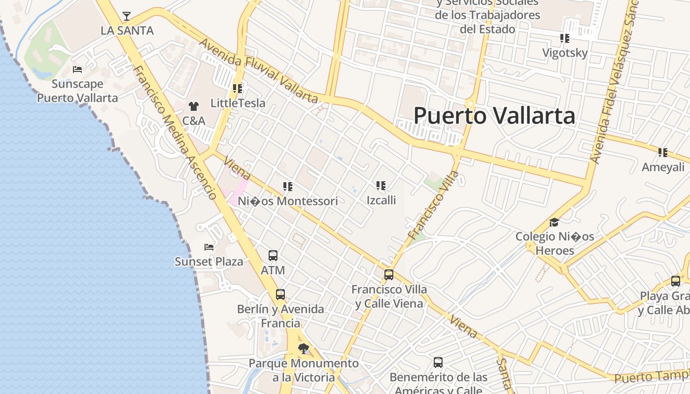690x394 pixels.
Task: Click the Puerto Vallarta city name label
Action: click(494, 116)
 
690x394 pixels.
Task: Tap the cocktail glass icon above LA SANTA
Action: click(127, 16)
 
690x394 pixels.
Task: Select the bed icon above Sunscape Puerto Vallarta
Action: click(77, 69)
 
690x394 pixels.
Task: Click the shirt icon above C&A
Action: click(193, 106)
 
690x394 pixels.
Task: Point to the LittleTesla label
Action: click(238, 103)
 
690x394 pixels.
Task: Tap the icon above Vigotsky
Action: click(564, 38)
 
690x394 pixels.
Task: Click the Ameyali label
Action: click(663, 167)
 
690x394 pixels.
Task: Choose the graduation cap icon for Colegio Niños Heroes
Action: click(554, 222)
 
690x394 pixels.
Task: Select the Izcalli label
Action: click(381, 200)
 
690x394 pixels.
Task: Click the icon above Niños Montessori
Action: click(288, 187)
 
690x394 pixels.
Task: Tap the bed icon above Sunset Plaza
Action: click(209, 247)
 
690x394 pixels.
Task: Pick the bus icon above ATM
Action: click(273, 256)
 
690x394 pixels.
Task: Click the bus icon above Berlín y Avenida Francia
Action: click(280, 295)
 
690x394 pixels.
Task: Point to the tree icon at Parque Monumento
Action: click(304, 349)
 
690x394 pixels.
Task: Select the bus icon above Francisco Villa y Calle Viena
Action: click(389, 274)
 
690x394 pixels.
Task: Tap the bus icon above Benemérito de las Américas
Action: click(438, 362)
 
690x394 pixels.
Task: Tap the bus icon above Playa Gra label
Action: click(676, 281)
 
